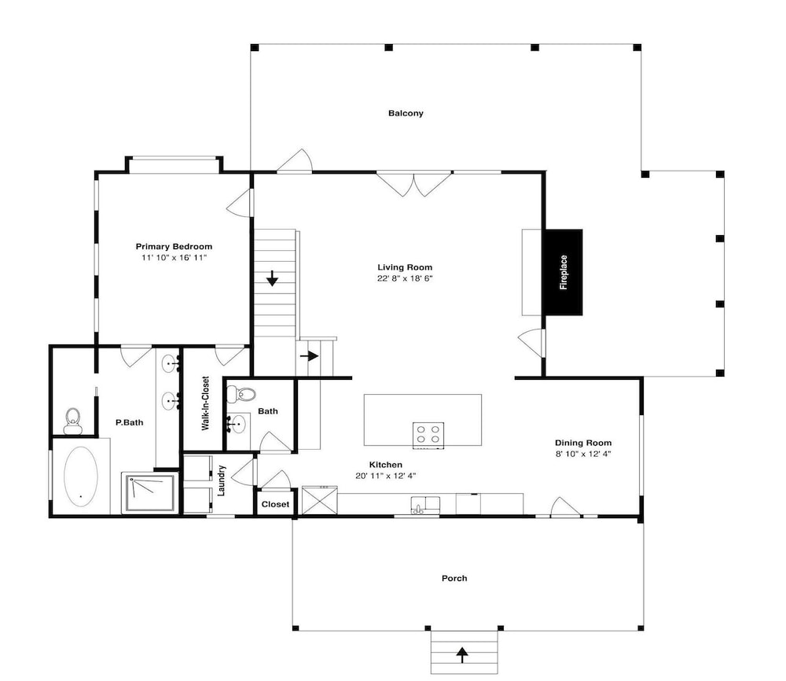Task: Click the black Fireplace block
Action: tap(564, 272)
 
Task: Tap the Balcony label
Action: tap(406, 113)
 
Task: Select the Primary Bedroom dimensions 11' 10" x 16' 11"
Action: tap(174, 258)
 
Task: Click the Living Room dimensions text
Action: tap(405, 278)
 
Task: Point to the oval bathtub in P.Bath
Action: tap(80, 476)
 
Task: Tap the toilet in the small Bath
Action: tap(241, 394)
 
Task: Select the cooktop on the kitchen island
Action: tap(428, 435)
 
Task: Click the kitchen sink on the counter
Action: tap(425, 505)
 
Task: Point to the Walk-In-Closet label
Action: tap(205, 403)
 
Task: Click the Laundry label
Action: tap(222, 480)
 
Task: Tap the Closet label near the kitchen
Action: tap(275, 504)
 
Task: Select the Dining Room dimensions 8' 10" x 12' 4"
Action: tap(583, 454)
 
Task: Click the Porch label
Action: tap(454, 578)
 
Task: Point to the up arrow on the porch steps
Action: tap(462, 654)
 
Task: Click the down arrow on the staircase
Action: tap(272, 278)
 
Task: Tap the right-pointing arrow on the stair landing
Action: tap(310, 356)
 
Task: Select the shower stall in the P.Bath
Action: tap(150, 493)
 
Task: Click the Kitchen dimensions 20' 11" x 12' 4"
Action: tap(385, 476)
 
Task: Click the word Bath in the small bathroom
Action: tap(268, 411)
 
